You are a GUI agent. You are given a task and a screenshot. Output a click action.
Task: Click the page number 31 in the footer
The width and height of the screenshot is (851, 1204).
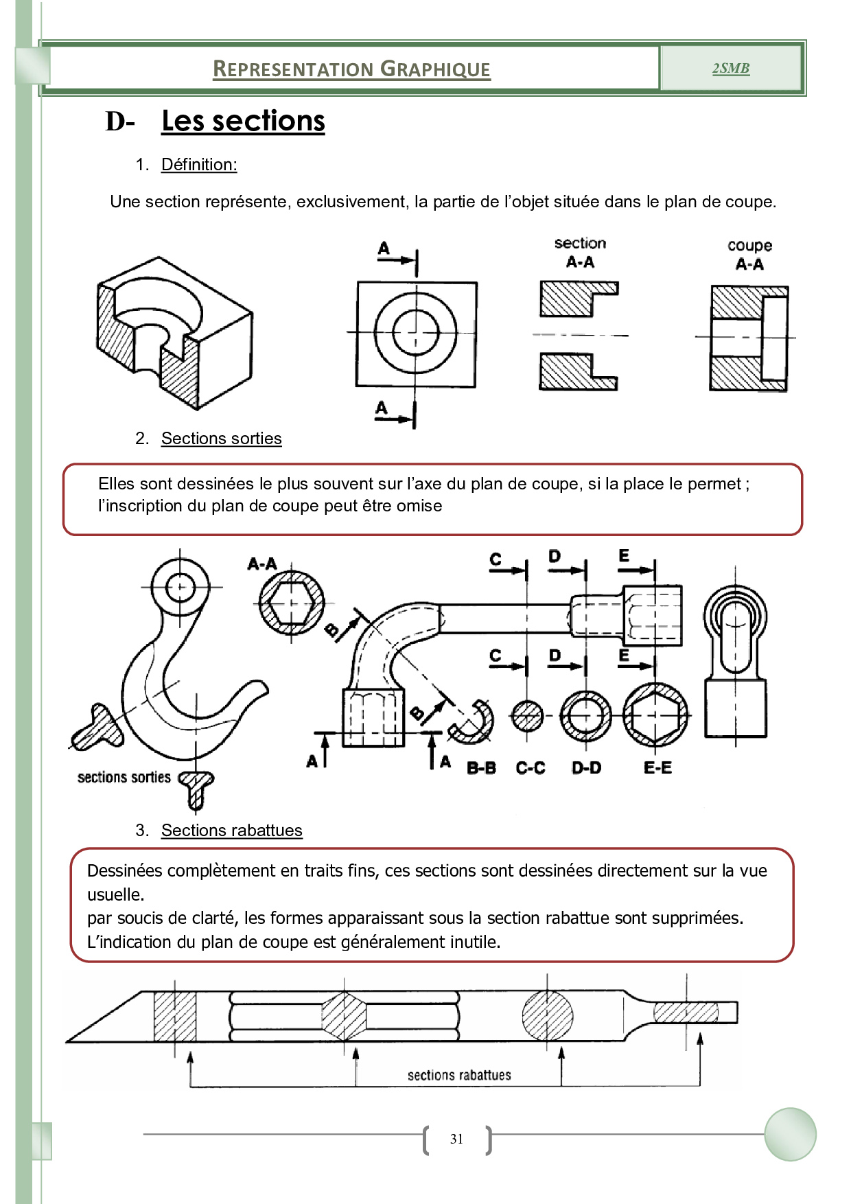(x=456, y=1139)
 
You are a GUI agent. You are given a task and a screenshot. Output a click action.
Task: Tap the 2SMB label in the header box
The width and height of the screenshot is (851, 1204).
(x=731, y=68)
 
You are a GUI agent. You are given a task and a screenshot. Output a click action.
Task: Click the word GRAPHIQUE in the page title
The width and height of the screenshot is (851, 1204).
(x=435, y=69)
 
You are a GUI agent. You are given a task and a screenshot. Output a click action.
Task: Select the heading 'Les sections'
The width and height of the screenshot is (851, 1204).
(x=243, y=121)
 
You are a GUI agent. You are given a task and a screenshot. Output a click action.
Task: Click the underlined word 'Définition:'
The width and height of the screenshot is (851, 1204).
(x=199, y=165)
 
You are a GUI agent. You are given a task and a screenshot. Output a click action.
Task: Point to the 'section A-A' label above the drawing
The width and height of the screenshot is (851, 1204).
(x=580, y=252)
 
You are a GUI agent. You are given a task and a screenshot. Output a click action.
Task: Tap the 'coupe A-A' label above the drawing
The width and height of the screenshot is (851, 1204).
(x=749, y=255)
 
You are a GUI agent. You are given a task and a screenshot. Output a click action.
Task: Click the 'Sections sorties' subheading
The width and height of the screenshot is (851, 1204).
(x=221, y=439)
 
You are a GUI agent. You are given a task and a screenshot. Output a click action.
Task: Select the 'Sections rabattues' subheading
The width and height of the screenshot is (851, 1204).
(x=231, y=831)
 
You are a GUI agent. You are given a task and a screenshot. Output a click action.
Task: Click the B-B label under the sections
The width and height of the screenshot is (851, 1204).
(x=481, y=768)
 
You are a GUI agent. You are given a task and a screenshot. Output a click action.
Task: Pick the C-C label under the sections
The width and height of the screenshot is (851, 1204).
(x=531, y=768)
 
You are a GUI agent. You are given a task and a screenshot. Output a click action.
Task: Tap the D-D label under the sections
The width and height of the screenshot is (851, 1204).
(x=586, y=768)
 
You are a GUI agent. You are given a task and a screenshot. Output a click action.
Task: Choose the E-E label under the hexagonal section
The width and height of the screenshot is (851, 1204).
(x=657, y=768)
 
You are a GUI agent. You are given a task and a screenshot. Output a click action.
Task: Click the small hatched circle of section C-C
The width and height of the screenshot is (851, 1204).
(x=527, y=717)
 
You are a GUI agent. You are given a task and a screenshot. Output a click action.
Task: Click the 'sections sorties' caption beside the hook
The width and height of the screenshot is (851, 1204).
(x=124, y=777)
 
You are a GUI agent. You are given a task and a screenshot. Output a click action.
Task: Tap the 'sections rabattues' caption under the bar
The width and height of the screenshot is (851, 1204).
(x=459, y=1075)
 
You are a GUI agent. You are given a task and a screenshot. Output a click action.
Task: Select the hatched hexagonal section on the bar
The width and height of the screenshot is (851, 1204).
(x=344, y=1017)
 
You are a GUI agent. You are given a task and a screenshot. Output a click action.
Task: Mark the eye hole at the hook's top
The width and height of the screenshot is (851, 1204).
(x=180, y=587)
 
